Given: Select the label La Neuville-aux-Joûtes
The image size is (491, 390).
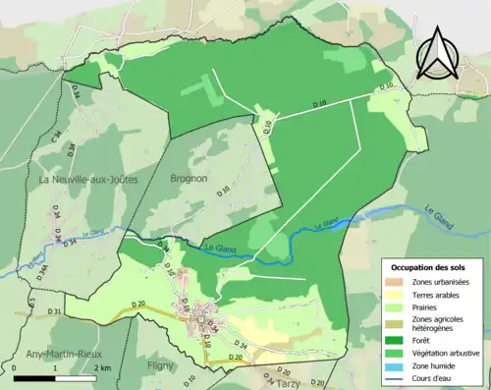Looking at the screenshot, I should click(85, 181).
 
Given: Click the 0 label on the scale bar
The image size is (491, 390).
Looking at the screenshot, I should click(16, 367).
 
